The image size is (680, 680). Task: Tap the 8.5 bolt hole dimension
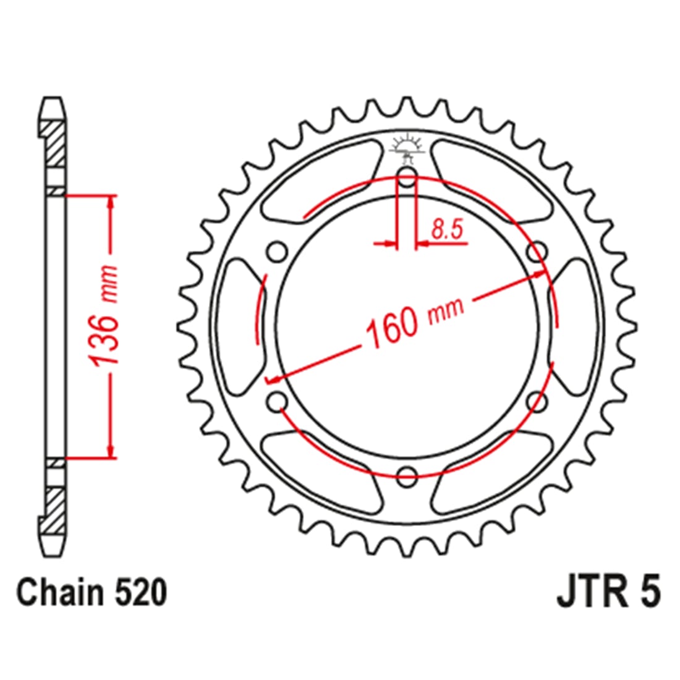(x=448, y=229)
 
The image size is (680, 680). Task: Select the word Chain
(x=58, y=592)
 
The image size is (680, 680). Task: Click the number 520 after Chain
(x=140, y=592)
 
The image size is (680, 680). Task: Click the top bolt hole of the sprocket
(x=407, y=177)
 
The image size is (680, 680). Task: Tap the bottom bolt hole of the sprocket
(x=407, y=476)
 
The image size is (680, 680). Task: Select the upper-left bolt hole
(x=277, y=252)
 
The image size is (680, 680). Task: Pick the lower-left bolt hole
(x=277, y=401)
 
